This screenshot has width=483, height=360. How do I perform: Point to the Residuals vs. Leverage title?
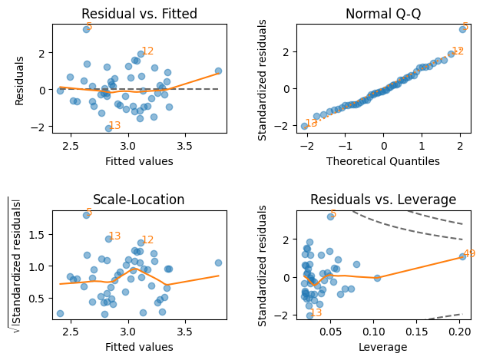point(383,200)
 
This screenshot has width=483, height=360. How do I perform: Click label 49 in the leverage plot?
point(469,254)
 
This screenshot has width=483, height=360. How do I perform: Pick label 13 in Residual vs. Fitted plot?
point(114,126)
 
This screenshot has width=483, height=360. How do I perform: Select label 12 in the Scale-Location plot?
point(147,240)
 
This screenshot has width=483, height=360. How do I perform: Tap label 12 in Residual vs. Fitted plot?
point(147,51)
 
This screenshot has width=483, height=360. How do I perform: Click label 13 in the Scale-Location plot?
point(114,236)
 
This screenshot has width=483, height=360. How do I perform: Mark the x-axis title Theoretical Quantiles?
point(383,161)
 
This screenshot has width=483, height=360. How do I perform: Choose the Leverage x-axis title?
point(383,347)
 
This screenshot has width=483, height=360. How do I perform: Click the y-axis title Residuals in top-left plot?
point(20,80)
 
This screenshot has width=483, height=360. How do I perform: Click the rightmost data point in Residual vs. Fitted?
point(218,71)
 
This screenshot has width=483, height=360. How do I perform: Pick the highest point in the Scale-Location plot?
point(86,216)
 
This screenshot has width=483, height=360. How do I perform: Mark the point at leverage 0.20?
point(462,256)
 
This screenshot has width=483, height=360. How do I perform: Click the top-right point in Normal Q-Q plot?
point(462,29)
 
